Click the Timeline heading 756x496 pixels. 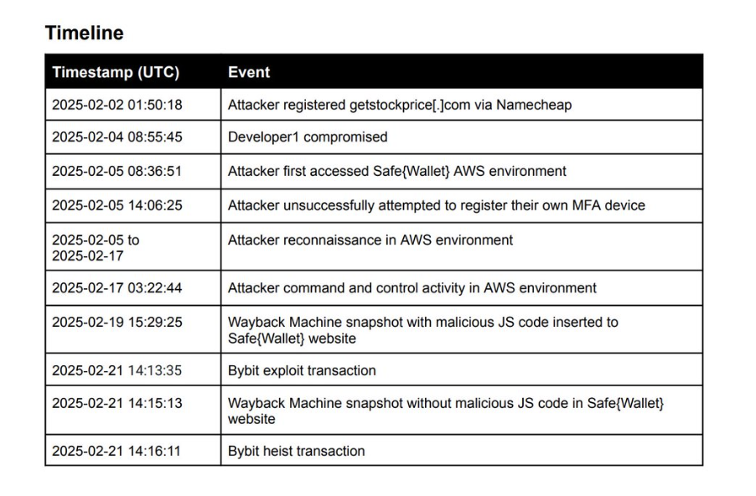84,33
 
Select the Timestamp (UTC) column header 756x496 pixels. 116,72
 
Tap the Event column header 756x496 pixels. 249,72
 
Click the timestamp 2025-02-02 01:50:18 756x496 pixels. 117,105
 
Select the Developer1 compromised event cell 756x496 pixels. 308,137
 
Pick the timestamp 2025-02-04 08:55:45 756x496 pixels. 117,137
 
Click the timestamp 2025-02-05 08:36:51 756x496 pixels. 117,171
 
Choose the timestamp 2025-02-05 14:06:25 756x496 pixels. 117,204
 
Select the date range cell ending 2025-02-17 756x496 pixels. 96,247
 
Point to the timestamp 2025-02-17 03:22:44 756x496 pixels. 117,287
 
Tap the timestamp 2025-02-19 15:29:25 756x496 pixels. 117,322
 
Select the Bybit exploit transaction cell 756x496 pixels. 302,370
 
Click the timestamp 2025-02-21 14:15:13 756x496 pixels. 117,403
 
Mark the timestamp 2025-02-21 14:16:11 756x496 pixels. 117,451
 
